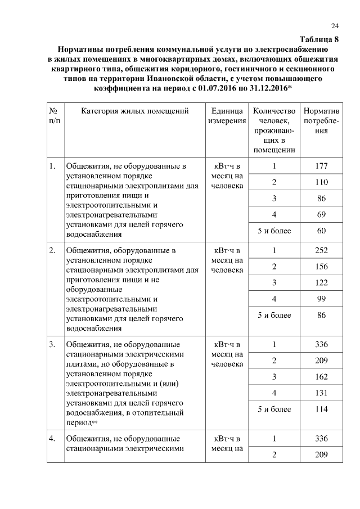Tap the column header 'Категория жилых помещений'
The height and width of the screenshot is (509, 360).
pyautogui.click(x=134, y=111)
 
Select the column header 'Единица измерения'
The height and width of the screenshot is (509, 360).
pyautogui.click(x=227, y=115)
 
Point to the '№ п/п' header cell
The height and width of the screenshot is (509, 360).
pyautogui.click(x=55, y=115)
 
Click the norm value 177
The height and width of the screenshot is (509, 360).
pyautogui.click(x=321, y=166)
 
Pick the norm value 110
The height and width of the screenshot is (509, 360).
pyautogui.click(x=321, y=182)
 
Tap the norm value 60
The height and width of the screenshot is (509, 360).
pyautogui.click(x=321, y=231)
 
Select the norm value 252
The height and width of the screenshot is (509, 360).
pyautogui.click(x=321, y=250)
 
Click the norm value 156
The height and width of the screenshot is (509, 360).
pyautogui.click(x=321, y=266)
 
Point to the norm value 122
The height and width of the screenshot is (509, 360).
pyautogui.click(x=321, y=282)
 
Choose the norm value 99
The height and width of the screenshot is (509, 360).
pyautogui.click(x=321, y=299)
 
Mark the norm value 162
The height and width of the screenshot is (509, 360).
pyautogui.click(x=321, y=376)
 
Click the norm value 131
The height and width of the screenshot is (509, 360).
pyautogui.click(x=321, y=393)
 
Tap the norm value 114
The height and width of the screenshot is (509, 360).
pyautogui.click(x=321, y=409)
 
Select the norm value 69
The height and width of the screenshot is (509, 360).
pyautogui.click(x=321, y=215)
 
